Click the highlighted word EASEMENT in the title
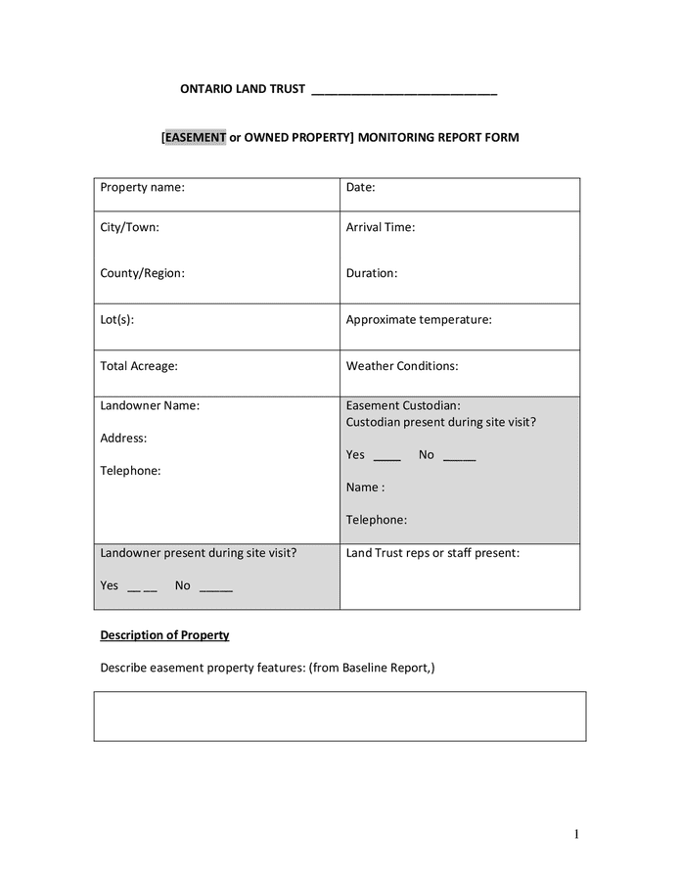pyautogui.click(x=196, y=138)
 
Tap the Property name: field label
pyautogui.click(x=142, y=187)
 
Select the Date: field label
pyautogui.click(x=360, y=187)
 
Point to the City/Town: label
pyautogui.click(x=129, y=227)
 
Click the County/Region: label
pyautogui.click(x=142, y=273)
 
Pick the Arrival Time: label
pyautogui.click(x=381, y=227)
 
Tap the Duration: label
pyautogui.click(x=372, y=273)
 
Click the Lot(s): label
pyautogui.click(x=117, y=319)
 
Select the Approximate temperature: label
pyautogui.click(x=419, y=319)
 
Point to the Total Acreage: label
pyautogui.click(x=139, y=366)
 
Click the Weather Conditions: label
pyautogui.click(x=402, y=366)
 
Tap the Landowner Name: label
pyautogui.click(x=150, y=405)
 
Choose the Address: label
pyautogui.click(x=123, y=439)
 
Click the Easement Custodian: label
pyautogui.click(x=403, y=405)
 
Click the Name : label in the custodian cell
pyautogui.click(x=365, y=487)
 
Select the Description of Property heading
pyautogui.click(x=164, y=635)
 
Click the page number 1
pyautogui.click(x=577, y=834)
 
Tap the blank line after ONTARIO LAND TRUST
pyautogui.click(x=404, y=92)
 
